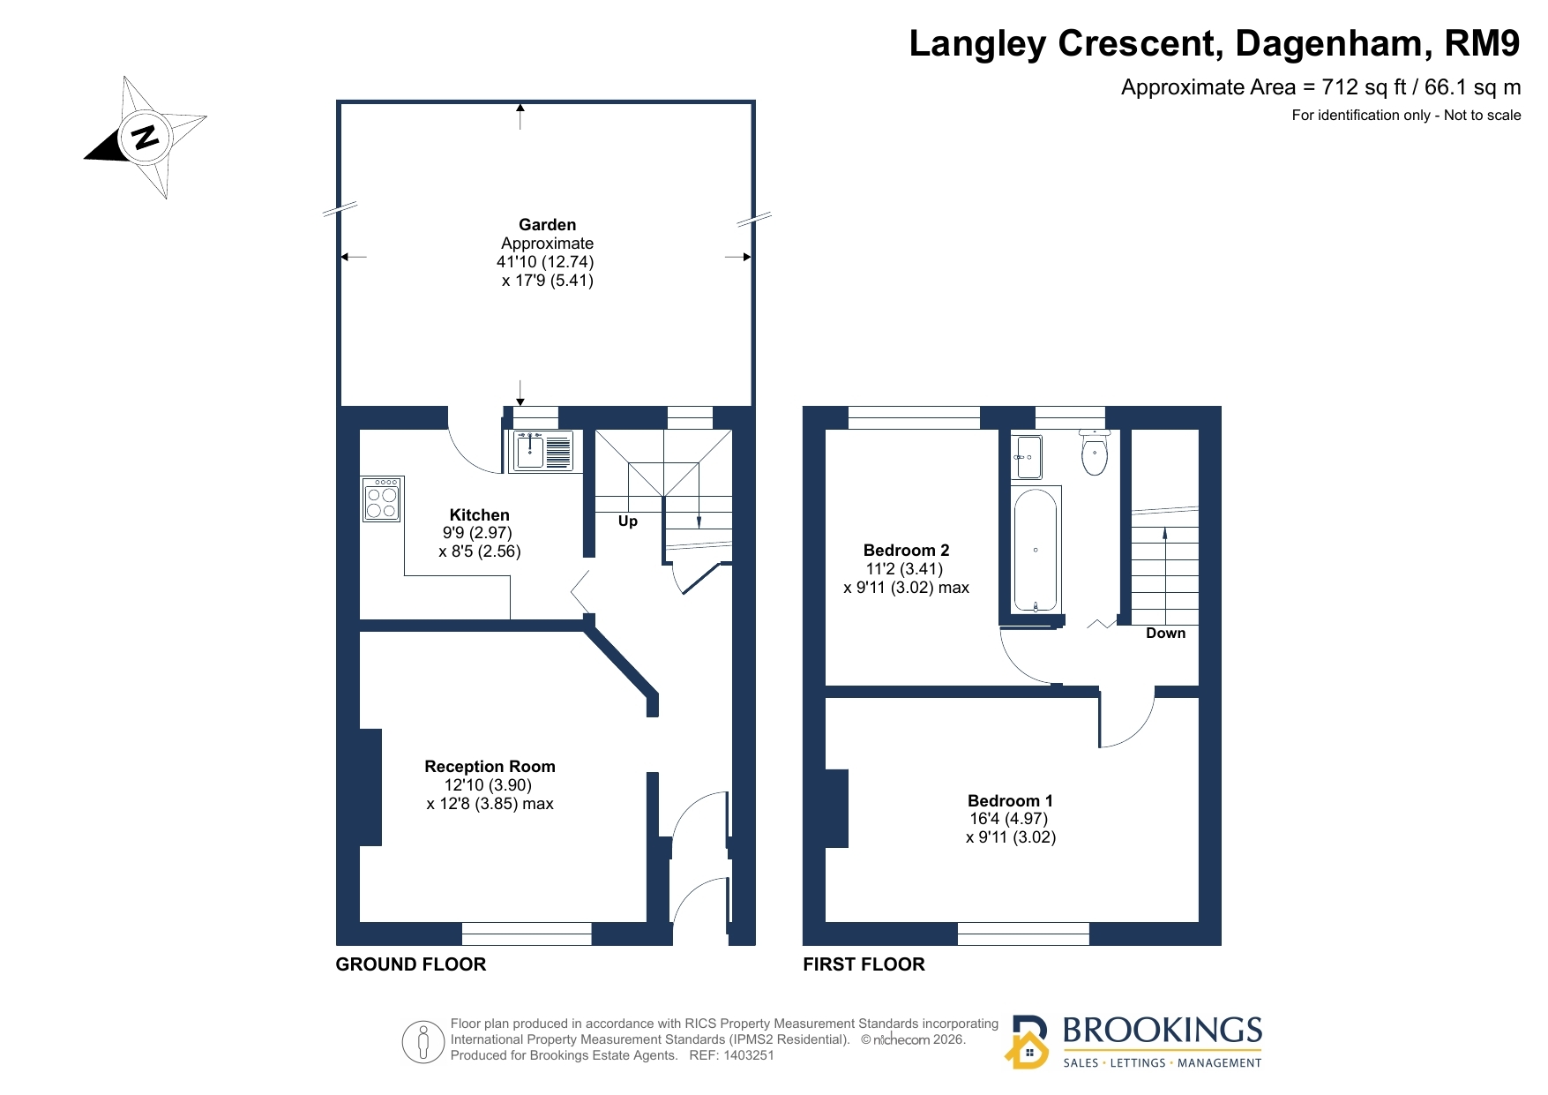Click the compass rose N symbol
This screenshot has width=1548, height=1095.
(x=145, y=137)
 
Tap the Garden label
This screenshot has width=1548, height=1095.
(x=547, y=225)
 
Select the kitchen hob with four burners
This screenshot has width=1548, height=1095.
(x=382, y=499)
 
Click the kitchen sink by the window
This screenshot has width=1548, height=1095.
(x=542, y=451)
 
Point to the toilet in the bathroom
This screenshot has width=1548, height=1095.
(x=1095, y=453)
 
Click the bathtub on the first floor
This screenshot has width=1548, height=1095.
(x=1036, y=550)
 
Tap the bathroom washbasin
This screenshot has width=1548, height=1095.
(x=1028, y=457)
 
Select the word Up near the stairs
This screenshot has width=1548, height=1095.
(x=628, y=521)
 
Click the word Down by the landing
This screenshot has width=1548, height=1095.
(x=1165, y=634)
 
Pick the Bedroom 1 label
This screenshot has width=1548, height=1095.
(x=1010, y=800)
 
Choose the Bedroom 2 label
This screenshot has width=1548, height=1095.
(x=906, y=551)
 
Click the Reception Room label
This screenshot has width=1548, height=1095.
(x=490, y=767)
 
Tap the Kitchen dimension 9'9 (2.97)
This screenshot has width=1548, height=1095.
(x=477, y=533)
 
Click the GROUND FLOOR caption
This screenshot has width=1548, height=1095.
(x=411, y=964)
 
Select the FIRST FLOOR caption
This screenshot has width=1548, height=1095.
(x=864, y=964)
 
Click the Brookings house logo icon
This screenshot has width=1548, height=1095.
(x=1028, y=1043)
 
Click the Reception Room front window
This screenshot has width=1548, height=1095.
(x=527, y=934)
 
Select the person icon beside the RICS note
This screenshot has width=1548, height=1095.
(x=423, y=1042)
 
